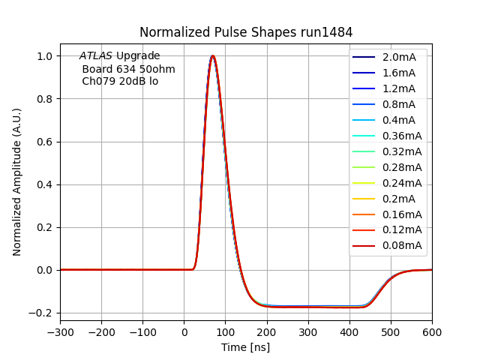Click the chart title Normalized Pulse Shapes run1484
[246, 32]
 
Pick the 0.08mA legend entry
[401, 245]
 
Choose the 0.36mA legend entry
[401, 136]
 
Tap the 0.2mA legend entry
[398, 199]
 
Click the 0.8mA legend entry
[398, 104]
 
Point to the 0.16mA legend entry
[401, 214]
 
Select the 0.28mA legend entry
[401, 167]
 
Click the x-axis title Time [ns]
[245, 347]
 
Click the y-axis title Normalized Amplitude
[17, 181]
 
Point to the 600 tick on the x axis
[432, 333]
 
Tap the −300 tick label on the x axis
[60, 333]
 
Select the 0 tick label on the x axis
[184, 333]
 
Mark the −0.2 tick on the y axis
[43, 313]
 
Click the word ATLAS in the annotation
[96, 56]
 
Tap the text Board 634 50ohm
[128, 69]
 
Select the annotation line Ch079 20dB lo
[120, 81]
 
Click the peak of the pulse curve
[213, 56]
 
